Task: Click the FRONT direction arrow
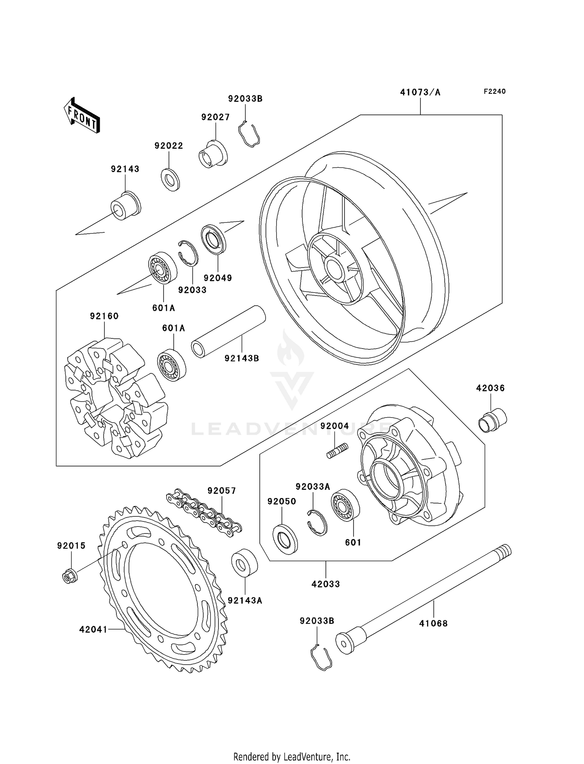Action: (x=82, y=116)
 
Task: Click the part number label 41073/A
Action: (x=420, y=92)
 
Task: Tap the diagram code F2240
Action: (x=494, y=92)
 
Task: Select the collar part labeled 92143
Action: (x=125, y=206)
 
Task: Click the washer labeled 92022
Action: (x=170, y=180)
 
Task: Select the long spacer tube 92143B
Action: (x=229, y=331)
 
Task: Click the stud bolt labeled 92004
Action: (x=337, y=451)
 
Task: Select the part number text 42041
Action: (x=93, y=629)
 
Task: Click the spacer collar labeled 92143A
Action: (x=244, y=562)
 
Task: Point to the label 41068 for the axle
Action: (x=433, y=623)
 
